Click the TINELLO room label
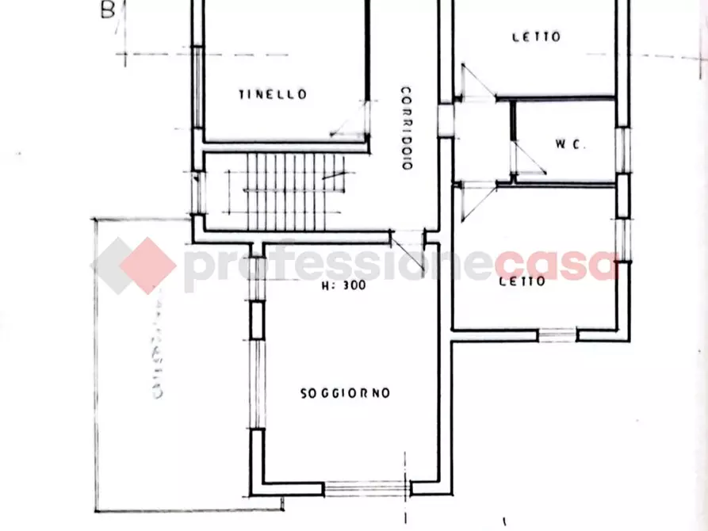pos(272,94)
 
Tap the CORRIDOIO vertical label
pos(405,128)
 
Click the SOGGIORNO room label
pos(345,393)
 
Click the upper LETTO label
pos(536,36)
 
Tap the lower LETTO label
pos(522,281)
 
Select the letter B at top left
pos(108,11)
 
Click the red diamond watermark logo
pos(134,265)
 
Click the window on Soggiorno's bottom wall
pos(365,486)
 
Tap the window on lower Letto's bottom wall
pos(557,335)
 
